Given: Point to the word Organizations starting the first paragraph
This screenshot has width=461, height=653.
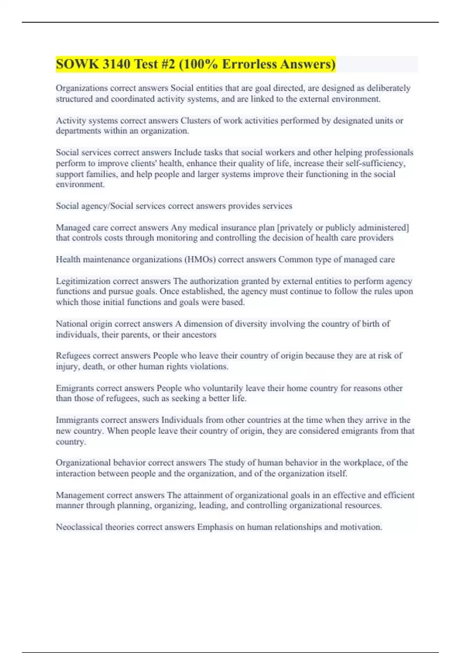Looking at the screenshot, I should [81, 88].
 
